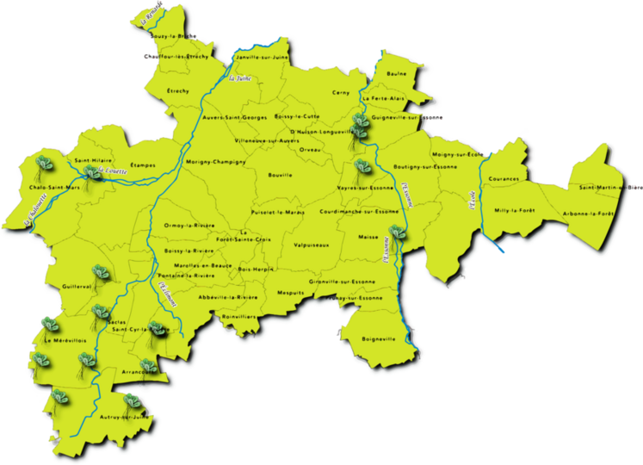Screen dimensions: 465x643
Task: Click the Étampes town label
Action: [x=130, y=164]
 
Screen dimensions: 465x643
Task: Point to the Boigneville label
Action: [x=379, y=338]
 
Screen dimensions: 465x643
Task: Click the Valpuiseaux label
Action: [x=312, y=245]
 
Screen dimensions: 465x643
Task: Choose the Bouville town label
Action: [x=281, y=175]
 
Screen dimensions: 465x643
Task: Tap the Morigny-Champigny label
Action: [x=216, y=161]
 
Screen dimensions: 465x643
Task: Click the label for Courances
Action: [x=504, y=179]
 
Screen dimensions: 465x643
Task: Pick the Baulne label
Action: [x=397, y=74]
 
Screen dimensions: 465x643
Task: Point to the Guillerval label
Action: [x=77, y=287]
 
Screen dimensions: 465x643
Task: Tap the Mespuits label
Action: [x=291, y=293]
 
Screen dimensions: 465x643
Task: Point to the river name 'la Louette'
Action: [x=114, y=171]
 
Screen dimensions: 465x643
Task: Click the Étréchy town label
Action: [x=178, y=90]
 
